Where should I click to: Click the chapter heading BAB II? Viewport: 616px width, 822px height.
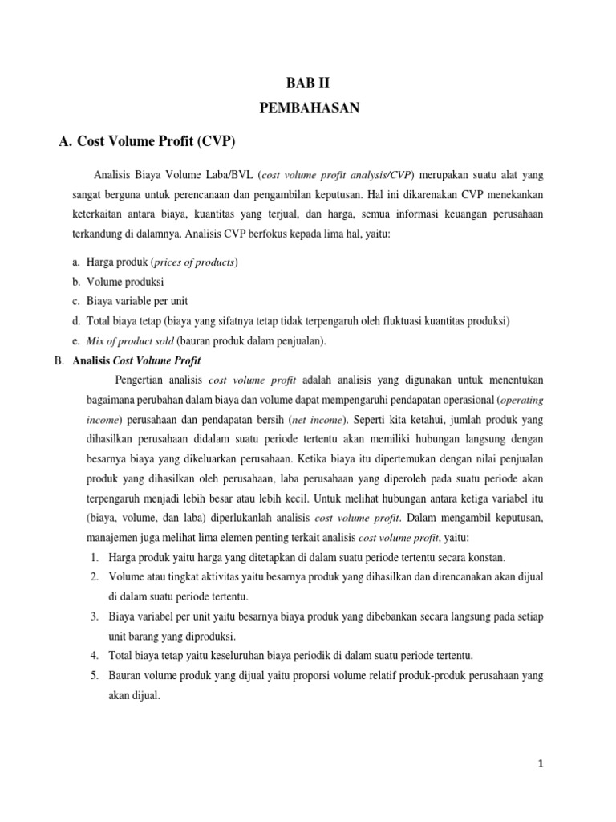pos(308,81)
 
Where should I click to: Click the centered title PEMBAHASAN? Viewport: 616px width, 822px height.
pos(308,108)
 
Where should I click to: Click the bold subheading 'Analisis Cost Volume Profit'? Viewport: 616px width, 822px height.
pos(136,360)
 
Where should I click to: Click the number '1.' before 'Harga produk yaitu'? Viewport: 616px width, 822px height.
pos(94,557)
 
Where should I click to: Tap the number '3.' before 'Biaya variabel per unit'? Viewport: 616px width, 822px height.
pos(94,616)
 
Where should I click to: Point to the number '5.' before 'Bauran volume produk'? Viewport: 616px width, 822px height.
pos(94,675)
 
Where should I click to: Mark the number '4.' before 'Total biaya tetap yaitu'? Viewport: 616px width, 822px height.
pos(94,655)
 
